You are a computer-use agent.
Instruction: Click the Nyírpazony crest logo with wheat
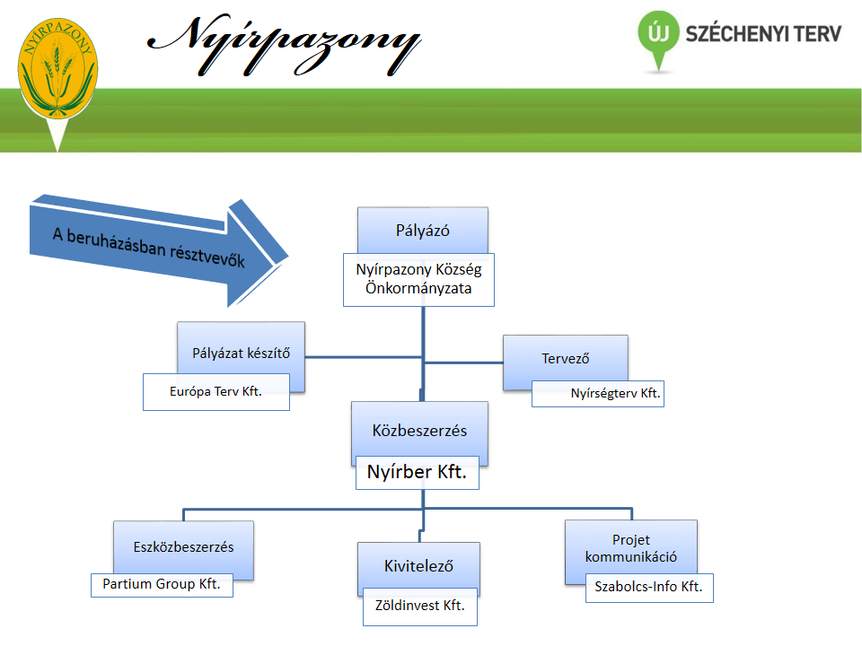point(57,69)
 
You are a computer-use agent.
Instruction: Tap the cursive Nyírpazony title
point(285,45)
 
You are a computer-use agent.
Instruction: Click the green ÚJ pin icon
point(658,39)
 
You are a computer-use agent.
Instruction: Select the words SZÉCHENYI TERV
point(763,33)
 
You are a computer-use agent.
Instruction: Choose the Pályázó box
point(423,231)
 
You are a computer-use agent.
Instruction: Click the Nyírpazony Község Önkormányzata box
point(419,280)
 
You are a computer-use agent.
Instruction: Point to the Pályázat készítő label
point(242,354)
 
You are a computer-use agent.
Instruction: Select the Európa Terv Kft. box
point(216,392)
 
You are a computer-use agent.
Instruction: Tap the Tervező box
point(565,359)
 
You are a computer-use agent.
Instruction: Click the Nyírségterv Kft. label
point(615,393)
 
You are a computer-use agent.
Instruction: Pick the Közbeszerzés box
point(419,430)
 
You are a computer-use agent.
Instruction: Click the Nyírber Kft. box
point(418,473)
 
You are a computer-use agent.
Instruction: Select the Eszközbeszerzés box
point(183,547)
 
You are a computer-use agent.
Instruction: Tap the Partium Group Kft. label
point(162,584)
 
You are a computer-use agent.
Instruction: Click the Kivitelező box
point(419,566)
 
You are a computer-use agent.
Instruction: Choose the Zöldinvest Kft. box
point(420,607)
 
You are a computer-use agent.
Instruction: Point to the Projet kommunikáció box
point(631,548)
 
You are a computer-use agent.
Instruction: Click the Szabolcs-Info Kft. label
point(648,587)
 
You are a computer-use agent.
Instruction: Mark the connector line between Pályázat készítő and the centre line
point(364,357)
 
